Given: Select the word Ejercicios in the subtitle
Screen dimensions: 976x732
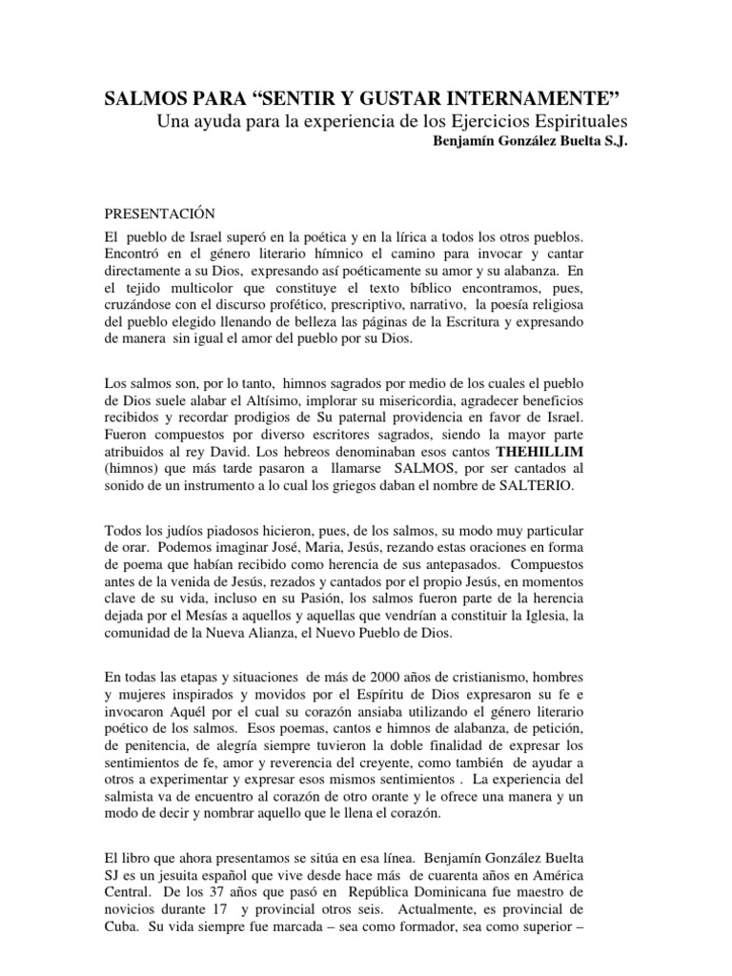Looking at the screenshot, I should pos(513,123).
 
